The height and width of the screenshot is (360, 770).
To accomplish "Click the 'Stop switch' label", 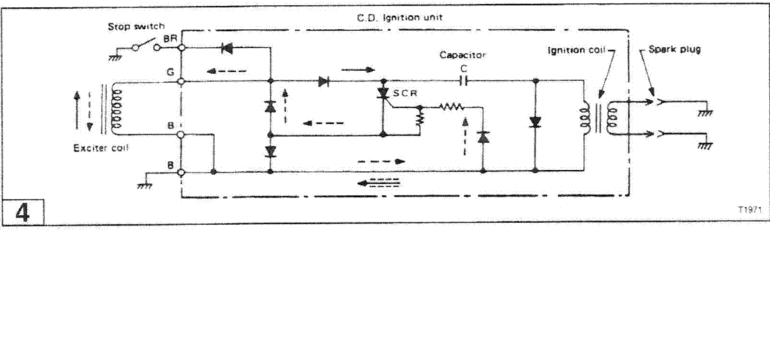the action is point(129,27).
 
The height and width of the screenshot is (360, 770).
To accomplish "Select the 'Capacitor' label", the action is point(463,55).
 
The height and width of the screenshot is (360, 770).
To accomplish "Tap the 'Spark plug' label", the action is point(674,49).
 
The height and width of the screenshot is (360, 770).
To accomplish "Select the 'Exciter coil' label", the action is point(101,148).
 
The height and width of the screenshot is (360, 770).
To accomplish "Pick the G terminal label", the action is point(169,72).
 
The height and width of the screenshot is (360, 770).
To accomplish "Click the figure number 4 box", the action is point(23,212).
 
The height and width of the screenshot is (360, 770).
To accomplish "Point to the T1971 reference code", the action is point(749,210).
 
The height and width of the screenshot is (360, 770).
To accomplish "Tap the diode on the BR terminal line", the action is point(227,48).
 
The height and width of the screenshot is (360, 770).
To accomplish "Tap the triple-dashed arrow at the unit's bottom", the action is point(379,183).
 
